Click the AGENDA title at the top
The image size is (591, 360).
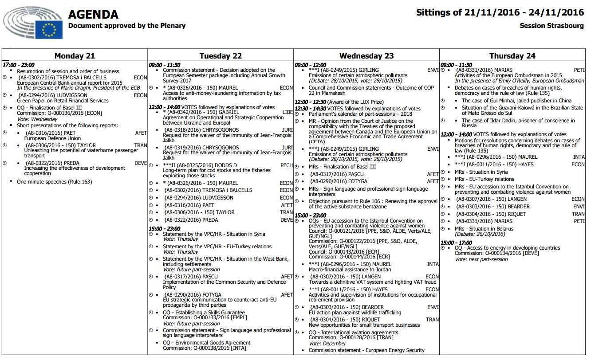(x=93, y=15)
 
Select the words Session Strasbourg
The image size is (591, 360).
(x=552, y=26)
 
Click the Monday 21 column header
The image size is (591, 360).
(x=75, y=56)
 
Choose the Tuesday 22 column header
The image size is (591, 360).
(x=221, y=56)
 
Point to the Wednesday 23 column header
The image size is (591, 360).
(x=366, y=56)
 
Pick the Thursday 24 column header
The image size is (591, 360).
(x=512, y=56)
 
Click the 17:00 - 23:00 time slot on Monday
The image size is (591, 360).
(x=19, y=65)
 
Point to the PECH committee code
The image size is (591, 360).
(x=287, y=165)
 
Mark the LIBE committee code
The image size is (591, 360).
(x=288, y=113)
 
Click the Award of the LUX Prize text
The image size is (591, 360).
(x=347, y=102)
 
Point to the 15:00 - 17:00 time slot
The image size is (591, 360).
(x=456, y=243)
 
